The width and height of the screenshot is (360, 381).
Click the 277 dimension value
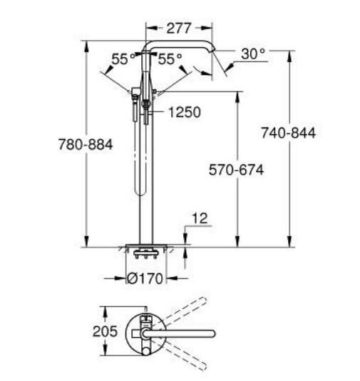179,29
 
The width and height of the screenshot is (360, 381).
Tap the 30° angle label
253,54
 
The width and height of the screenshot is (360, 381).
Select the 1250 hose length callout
184,112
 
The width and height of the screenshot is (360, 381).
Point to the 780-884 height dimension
86,144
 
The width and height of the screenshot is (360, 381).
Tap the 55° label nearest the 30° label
170,59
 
